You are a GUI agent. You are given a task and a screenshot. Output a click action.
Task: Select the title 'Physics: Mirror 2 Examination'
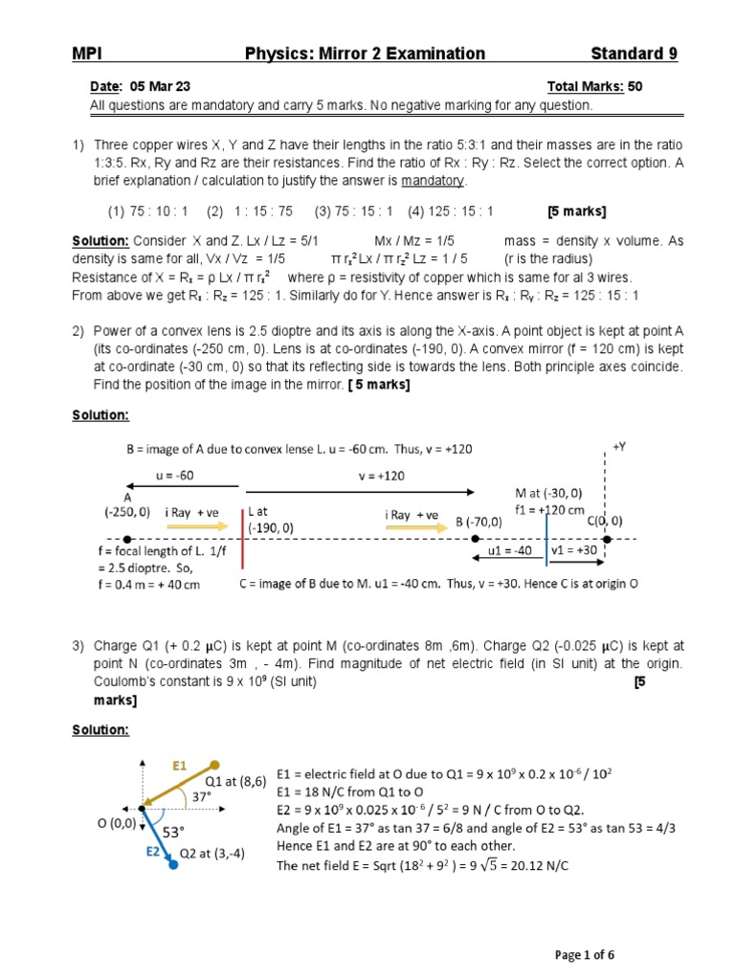(x=365, y=54)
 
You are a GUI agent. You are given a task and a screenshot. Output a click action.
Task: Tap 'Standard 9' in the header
(x=634, y=54)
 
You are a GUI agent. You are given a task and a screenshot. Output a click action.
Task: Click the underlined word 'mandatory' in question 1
(x=433, y=181)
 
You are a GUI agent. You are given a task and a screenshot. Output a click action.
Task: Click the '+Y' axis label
(x=620, y=446)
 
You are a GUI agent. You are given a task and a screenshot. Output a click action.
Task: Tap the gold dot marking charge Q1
(x=216, y=765)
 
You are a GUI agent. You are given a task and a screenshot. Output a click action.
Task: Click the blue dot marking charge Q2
(x=173, y=865)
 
